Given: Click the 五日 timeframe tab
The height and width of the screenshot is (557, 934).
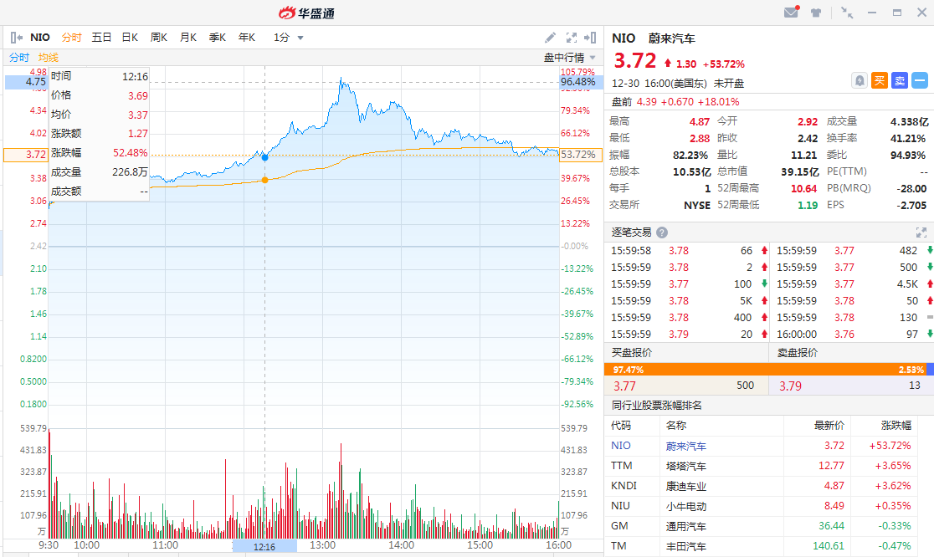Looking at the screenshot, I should pyautogui.click(x=101, y=37).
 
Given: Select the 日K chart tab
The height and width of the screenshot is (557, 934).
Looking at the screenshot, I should pyautogui.click(x=130, y=37).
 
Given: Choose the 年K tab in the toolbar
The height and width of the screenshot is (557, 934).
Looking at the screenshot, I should pyautogui.click(x=246, y=37).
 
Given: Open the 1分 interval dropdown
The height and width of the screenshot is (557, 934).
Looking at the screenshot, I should pyautogui.click(x=288, y=37).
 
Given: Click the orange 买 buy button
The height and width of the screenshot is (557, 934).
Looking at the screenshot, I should pyautogui.click(x=880, y=80).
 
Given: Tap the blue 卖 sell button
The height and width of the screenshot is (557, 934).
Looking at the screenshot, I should pyautogui.click(x=900, y=80).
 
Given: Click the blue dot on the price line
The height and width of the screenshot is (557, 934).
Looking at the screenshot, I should pyautogui.click(x=265, y=156).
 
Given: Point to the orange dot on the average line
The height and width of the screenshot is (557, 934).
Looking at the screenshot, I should pyautogui.click(x=265, y=180).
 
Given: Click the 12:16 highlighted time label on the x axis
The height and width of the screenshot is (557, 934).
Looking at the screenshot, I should pyautogui.click(x=264, y=545).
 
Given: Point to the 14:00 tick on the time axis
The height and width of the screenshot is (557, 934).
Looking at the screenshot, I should pyautogui.click(x=401, y=545).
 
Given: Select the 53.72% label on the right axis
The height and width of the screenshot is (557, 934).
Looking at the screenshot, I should pyautogui.click(x=577, y=155).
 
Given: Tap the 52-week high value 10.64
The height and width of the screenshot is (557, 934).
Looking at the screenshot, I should pyautogui.click(x=803, y=188).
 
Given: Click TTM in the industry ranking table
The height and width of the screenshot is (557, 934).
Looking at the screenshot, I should pyautogui.click(x=622, y=466).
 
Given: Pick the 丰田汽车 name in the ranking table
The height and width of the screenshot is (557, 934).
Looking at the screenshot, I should pyautogui.click(x=686, y=546).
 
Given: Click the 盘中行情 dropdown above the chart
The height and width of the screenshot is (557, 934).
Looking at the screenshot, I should pyautogui.click(x=569, y=57).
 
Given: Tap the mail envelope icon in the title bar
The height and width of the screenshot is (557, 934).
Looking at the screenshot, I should pyautogui.click(x=790, y=13).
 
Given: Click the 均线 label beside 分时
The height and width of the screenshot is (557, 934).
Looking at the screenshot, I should pyautogui.click(x=48, y=57).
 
